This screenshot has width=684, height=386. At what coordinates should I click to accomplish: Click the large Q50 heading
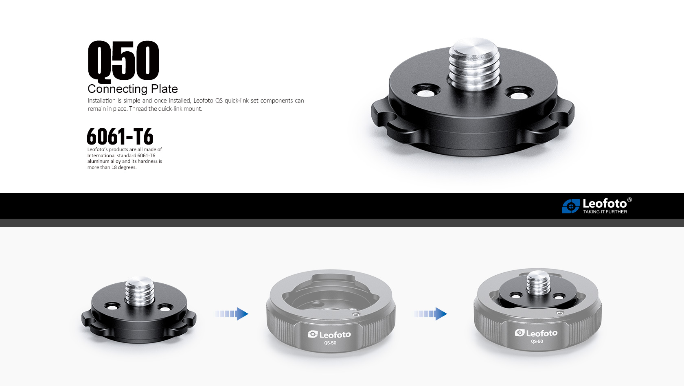pyautogui.click(x=123, y=61)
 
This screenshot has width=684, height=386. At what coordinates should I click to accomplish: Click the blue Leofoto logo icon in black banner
pyautogui.click(x=571, y=206)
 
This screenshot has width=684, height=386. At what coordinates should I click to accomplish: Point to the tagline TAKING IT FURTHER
pyautogui.click(x=605, y=212)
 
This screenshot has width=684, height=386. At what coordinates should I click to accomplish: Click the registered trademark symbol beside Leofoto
pyautogui.click(x=629, y=200)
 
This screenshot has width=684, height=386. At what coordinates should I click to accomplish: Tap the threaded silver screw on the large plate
pyautogui.click(x=474, y=64)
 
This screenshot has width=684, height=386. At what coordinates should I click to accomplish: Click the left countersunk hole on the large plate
pyautogui.click(x=426, y=92)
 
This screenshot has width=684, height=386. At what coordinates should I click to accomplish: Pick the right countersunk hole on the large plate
pyautogui.click(x=520, y=94)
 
